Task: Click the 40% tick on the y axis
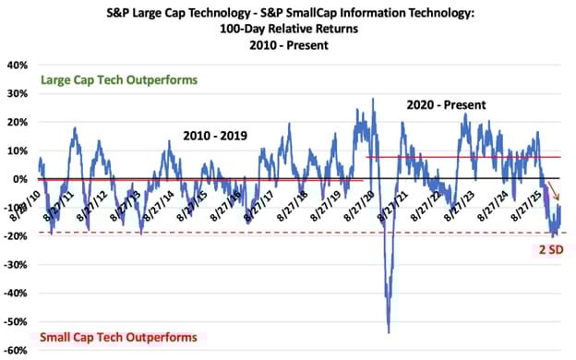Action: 18,66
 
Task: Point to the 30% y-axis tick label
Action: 18,94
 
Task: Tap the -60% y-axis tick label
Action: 16,351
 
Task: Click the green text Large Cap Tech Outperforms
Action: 118,80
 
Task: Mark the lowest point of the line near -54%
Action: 389,332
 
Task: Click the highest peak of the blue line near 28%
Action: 373,99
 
